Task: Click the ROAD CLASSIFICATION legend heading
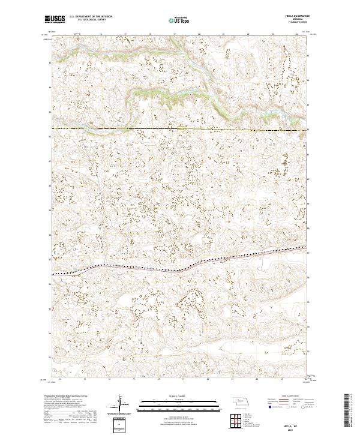[x=281, y=397]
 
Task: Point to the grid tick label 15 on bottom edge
[x=85, y=379]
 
